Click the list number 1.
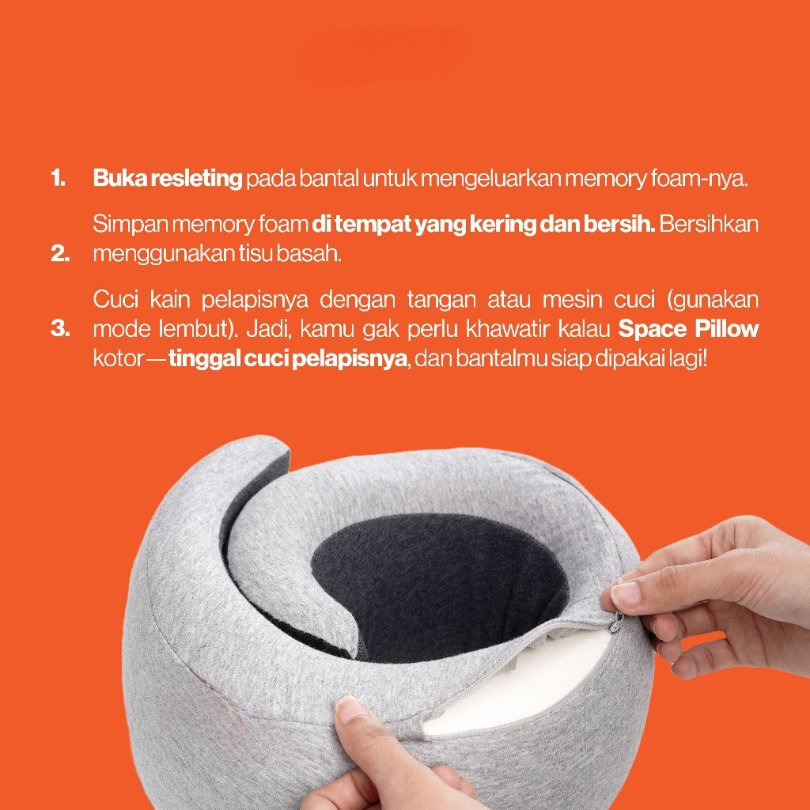(58, 178)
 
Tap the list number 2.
(60, 254)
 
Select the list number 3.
(60, 328)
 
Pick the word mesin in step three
(573, 300)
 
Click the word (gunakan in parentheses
(713, 301)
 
